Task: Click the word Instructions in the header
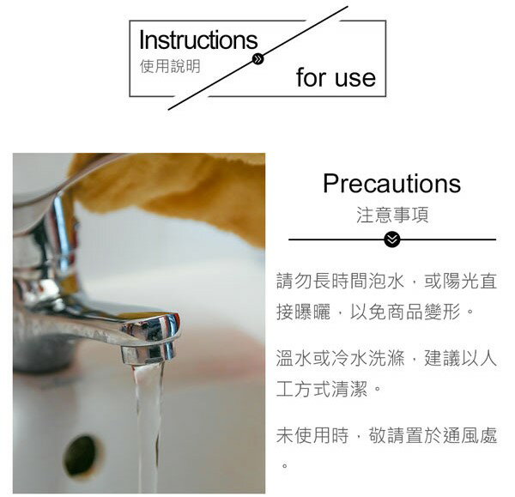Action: point(198,40)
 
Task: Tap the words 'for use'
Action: point(336,77)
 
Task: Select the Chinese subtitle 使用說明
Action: point(170,66)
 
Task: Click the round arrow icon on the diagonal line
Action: point(258,59)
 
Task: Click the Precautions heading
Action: point(392,184)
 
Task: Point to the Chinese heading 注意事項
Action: point(392,215)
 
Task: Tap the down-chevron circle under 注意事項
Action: point(392,239)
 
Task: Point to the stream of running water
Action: point(148,427)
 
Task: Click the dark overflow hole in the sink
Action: point(80,455)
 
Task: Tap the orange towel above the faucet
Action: point(171,191)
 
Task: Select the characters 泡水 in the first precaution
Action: point(386,282)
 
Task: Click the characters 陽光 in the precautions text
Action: point(460,282)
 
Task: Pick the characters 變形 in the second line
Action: point(442,312)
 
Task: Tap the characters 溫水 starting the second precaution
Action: point(294,359)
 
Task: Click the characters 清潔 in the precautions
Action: point(349,389)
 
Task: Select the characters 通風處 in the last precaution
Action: point(470,435)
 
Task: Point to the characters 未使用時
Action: point(312,435)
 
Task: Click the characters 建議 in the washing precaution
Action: point(442,359)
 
